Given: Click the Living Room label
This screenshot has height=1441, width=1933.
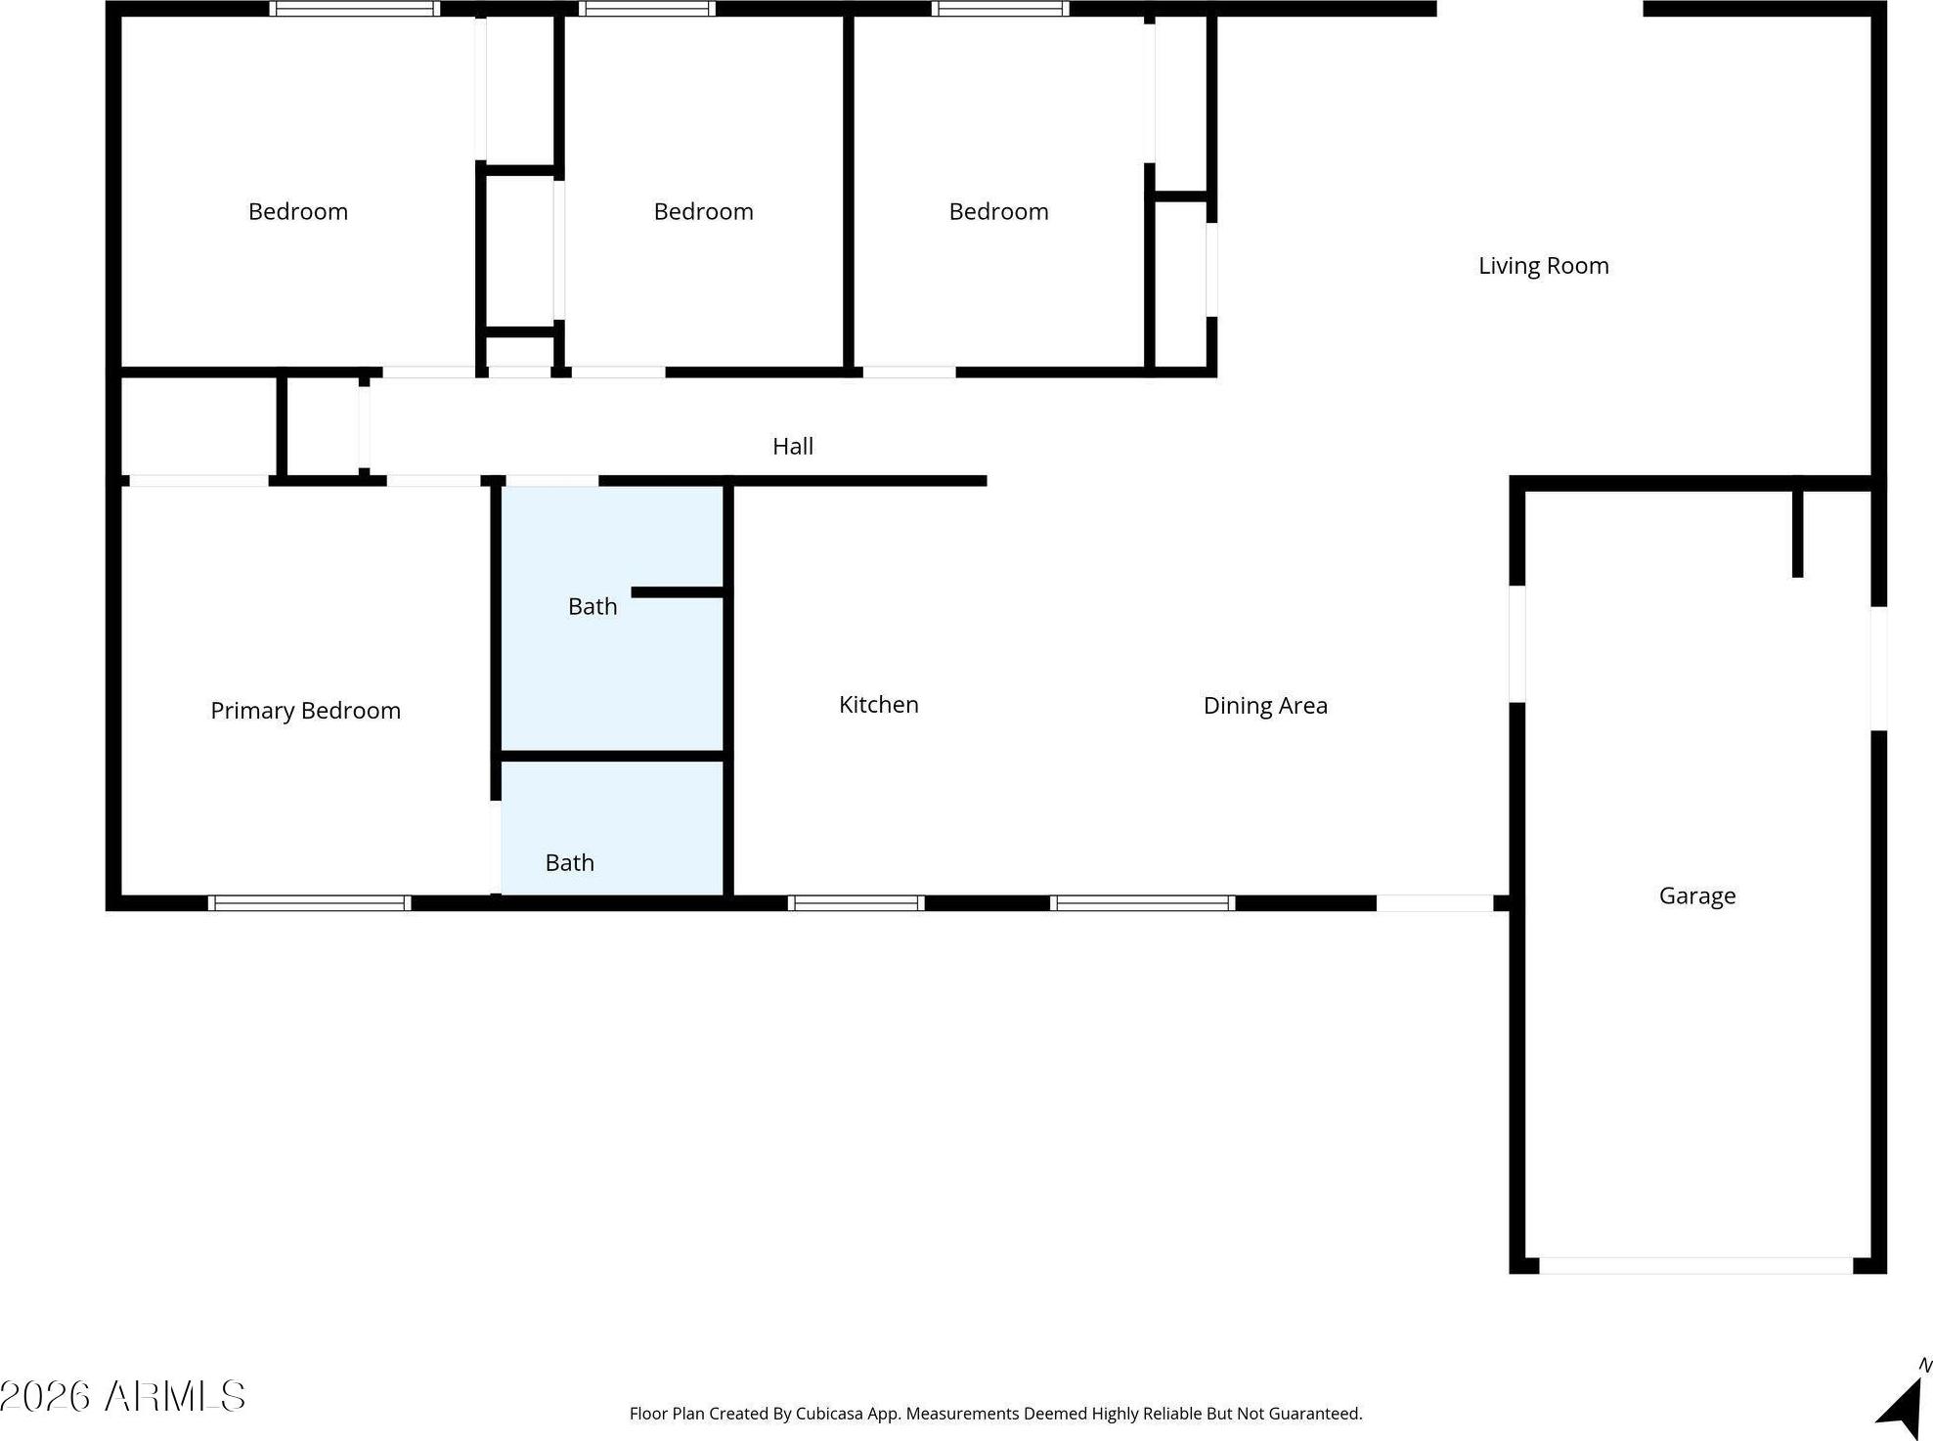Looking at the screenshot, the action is point(1543,266).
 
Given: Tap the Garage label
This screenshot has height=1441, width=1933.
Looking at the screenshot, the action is point(1697,896).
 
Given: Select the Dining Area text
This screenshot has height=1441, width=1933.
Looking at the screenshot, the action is point(1265,706).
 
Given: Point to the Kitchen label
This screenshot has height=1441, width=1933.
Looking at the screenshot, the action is point(878,705).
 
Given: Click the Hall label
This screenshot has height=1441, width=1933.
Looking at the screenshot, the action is point(793,447).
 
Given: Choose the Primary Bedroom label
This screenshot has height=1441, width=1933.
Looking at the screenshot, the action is point(305,711).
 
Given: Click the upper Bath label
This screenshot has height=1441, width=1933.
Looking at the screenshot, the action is point(593,607).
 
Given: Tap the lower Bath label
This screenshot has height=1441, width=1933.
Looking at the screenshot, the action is point(569,863).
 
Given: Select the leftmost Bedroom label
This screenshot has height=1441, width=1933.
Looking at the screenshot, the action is point(297,212).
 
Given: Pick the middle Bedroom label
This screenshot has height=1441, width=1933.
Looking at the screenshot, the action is point(703,212).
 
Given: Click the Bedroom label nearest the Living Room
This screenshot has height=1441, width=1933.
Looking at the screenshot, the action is point(998,212).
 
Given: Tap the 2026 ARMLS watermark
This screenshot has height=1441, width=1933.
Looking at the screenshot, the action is point(122,1396).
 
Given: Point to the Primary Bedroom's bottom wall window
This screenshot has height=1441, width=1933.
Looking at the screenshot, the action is point(309,903).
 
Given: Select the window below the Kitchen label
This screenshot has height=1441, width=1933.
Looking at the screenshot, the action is point(856,903).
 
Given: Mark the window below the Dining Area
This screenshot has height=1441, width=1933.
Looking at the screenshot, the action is point(1142,903).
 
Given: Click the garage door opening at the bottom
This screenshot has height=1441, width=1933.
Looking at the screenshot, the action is point(1695,1266).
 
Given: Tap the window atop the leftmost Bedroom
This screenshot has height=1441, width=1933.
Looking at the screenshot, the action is point(354,9).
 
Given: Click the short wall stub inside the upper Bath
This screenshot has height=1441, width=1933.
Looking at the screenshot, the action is point(678,592).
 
